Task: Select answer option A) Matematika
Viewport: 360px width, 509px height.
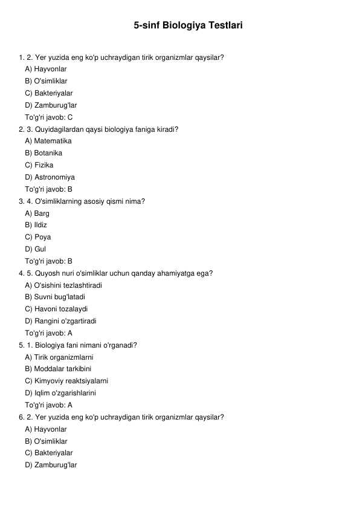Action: pos(48,141)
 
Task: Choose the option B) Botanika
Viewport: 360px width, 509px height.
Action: pos(43,154)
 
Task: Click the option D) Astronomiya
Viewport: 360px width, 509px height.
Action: pos(50,177)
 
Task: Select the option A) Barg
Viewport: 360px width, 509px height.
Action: pos(37,213)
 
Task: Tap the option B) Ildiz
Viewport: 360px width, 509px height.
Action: pos(36,225)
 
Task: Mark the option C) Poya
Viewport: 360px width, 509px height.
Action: pos(38,237)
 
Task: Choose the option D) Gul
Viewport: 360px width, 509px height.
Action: pos(36,249)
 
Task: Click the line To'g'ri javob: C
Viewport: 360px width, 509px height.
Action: pos(49,117)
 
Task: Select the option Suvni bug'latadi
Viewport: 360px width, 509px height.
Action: pos(55,297)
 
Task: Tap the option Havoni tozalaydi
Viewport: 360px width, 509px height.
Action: pos(56,309)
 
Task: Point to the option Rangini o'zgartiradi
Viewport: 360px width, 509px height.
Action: pos(60,321)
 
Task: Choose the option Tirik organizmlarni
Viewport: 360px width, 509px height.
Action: pos(59,357)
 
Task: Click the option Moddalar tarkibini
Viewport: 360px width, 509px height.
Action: pos(58,369)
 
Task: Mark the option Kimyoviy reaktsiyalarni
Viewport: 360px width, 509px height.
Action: pos(66,381)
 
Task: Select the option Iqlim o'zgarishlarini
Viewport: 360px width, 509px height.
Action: pos(60,393)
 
